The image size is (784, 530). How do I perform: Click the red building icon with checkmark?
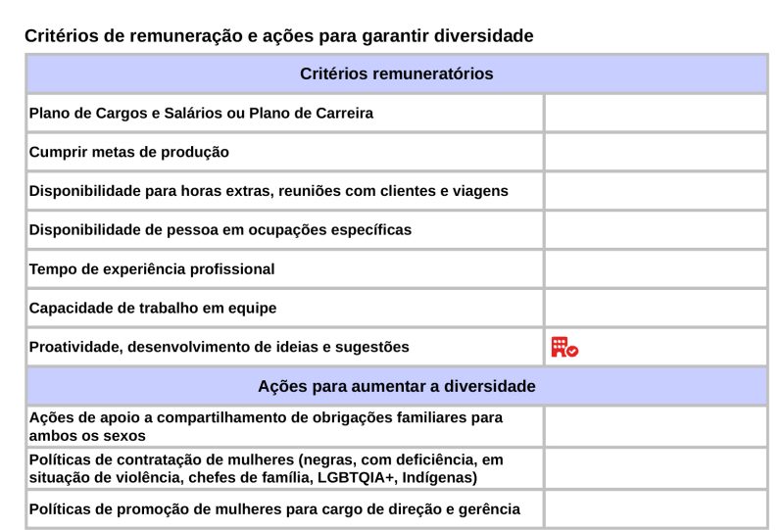point(564,347)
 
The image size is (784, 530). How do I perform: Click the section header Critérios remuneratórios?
point(396,73)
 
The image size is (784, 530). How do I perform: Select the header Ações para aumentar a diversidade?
point(396,386)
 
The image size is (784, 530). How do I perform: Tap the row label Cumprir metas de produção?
point(128,152)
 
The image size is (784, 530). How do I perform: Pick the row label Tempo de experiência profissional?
point(152,268)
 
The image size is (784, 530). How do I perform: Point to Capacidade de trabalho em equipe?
point(153,308)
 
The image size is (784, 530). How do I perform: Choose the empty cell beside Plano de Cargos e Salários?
point(655,113)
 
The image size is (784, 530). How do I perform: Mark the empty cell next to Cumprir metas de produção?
point(655,152)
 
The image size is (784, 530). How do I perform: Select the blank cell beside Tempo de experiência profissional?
point(655,268)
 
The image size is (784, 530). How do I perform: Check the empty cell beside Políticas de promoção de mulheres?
point(655,508)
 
